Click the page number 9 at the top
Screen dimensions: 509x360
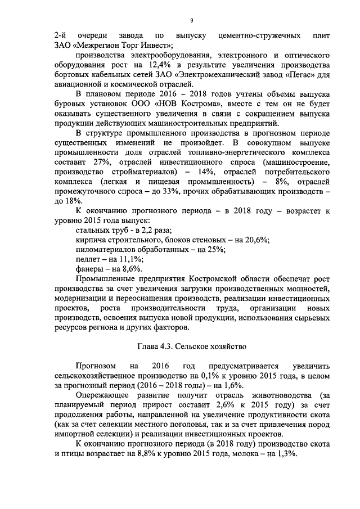(191, 21)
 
